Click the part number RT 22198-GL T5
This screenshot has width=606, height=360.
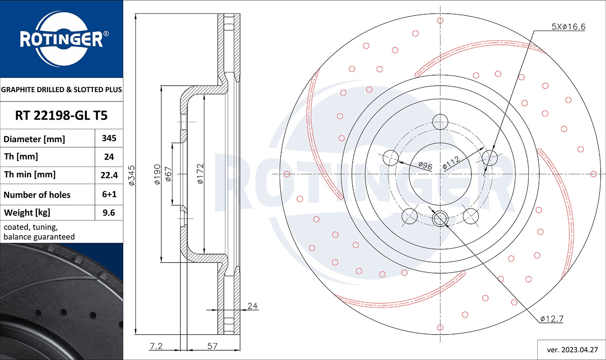(61, 116)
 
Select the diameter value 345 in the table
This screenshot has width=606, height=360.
(109, 138)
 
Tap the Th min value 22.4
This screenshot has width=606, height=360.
(109, 175)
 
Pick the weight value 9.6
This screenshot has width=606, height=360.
(109, 213)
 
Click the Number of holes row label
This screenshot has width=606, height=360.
(37, 195)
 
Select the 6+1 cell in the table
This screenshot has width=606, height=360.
(109, 194)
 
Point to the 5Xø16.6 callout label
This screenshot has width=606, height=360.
(568, 27)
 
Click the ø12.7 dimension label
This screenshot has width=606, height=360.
(552, 319)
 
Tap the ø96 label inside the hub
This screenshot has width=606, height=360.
(425, 165)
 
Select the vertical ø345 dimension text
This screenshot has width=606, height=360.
(132, 175)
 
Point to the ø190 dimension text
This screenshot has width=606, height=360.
(157, 174)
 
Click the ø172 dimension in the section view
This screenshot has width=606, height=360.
(200, 174)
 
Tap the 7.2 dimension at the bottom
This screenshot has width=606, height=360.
(156, 346)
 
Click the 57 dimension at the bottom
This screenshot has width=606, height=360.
(213, 346)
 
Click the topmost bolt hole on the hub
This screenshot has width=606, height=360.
(440, 121)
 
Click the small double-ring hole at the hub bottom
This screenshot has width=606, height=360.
(440, 219)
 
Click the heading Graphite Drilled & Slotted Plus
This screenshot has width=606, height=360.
(61, 90)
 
